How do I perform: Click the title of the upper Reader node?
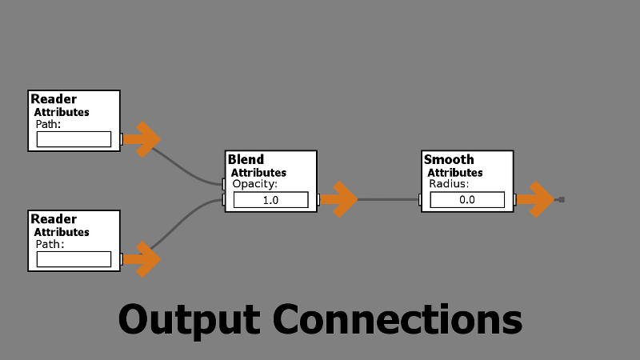tap(54, 99)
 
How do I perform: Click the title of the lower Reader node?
tap(54, 219)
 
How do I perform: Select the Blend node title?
tap(246, 159)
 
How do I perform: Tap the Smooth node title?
tap(449, 159)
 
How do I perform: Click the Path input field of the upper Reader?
tap(74, 139)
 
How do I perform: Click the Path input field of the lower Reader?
tap(74, 259)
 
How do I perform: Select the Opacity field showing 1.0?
tap(270, 200)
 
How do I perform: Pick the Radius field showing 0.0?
tap(467, 200)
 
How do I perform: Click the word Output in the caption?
tap(189, 318)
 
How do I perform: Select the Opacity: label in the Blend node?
tap(254, 184)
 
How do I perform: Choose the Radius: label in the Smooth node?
tap(449, 184)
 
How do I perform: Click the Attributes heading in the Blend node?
tap(258, 172)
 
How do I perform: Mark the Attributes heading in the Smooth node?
tap(455, 172)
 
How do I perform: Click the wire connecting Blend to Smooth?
tap(388, 199)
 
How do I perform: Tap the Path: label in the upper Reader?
tap(48, 124)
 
